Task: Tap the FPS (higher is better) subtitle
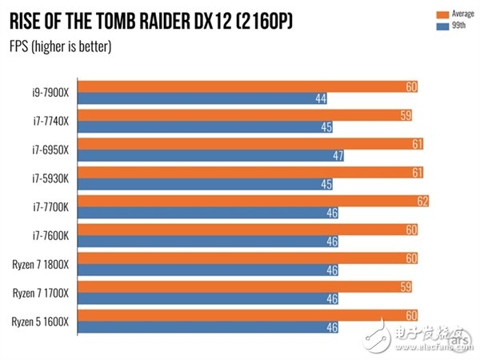tap(61, 46)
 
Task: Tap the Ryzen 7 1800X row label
tap(42, 264)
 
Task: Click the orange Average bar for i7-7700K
tap(255, 201)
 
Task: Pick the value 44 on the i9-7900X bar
tap(321, 98)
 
